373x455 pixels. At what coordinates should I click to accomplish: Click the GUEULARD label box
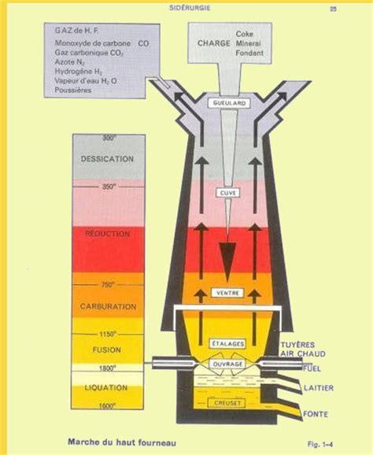tap(229, 103)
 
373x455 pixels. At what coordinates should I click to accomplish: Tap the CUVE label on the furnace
tap(227, 193)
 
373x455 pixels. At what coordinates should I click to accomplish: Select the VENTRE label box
tap(227, 293)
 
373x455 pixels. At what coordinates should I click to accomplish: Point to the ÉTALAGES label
tap(227, 344)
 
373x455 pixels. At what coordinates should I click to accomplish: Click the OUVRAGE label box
tap(227, 364)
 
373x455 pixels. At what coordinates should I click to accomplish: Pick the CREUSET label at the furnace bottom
tap(227, 403)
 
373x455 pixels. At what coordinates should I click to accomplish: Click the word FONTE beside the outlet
tap(316, 414)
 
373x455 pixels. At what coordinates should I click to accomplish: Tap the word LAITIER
tap(319, 388)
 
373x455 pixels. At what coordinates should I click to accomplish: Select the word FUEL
tap(312, 369)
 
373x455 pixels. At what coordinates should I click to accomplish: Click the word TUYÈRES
tap(297, 345)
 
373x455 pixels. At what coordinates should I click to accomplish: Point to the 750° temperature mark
tap(108, 285)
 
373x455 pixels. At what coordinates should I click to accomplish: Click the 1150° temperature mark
tap(108, 335)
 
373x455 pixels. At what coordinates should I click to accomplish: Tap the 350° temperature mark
tap(109, 187)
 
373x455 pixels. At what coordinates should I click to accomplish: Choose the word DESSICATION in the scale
tap(107, 159)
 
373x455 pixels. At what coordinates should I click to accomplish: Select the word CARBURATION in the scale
tap(108, 307)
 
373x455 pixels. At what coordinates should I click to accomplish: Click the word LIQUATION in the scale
tap(106, 387)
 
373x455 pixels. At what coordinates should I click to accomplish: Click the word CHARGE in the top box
tap(214, 43)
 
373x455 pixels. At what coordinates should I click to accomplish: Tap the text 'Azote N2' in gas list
tap(69, 62)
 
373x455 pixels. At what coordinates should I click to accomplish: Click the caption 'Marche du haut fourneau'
tap(122, 442)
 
